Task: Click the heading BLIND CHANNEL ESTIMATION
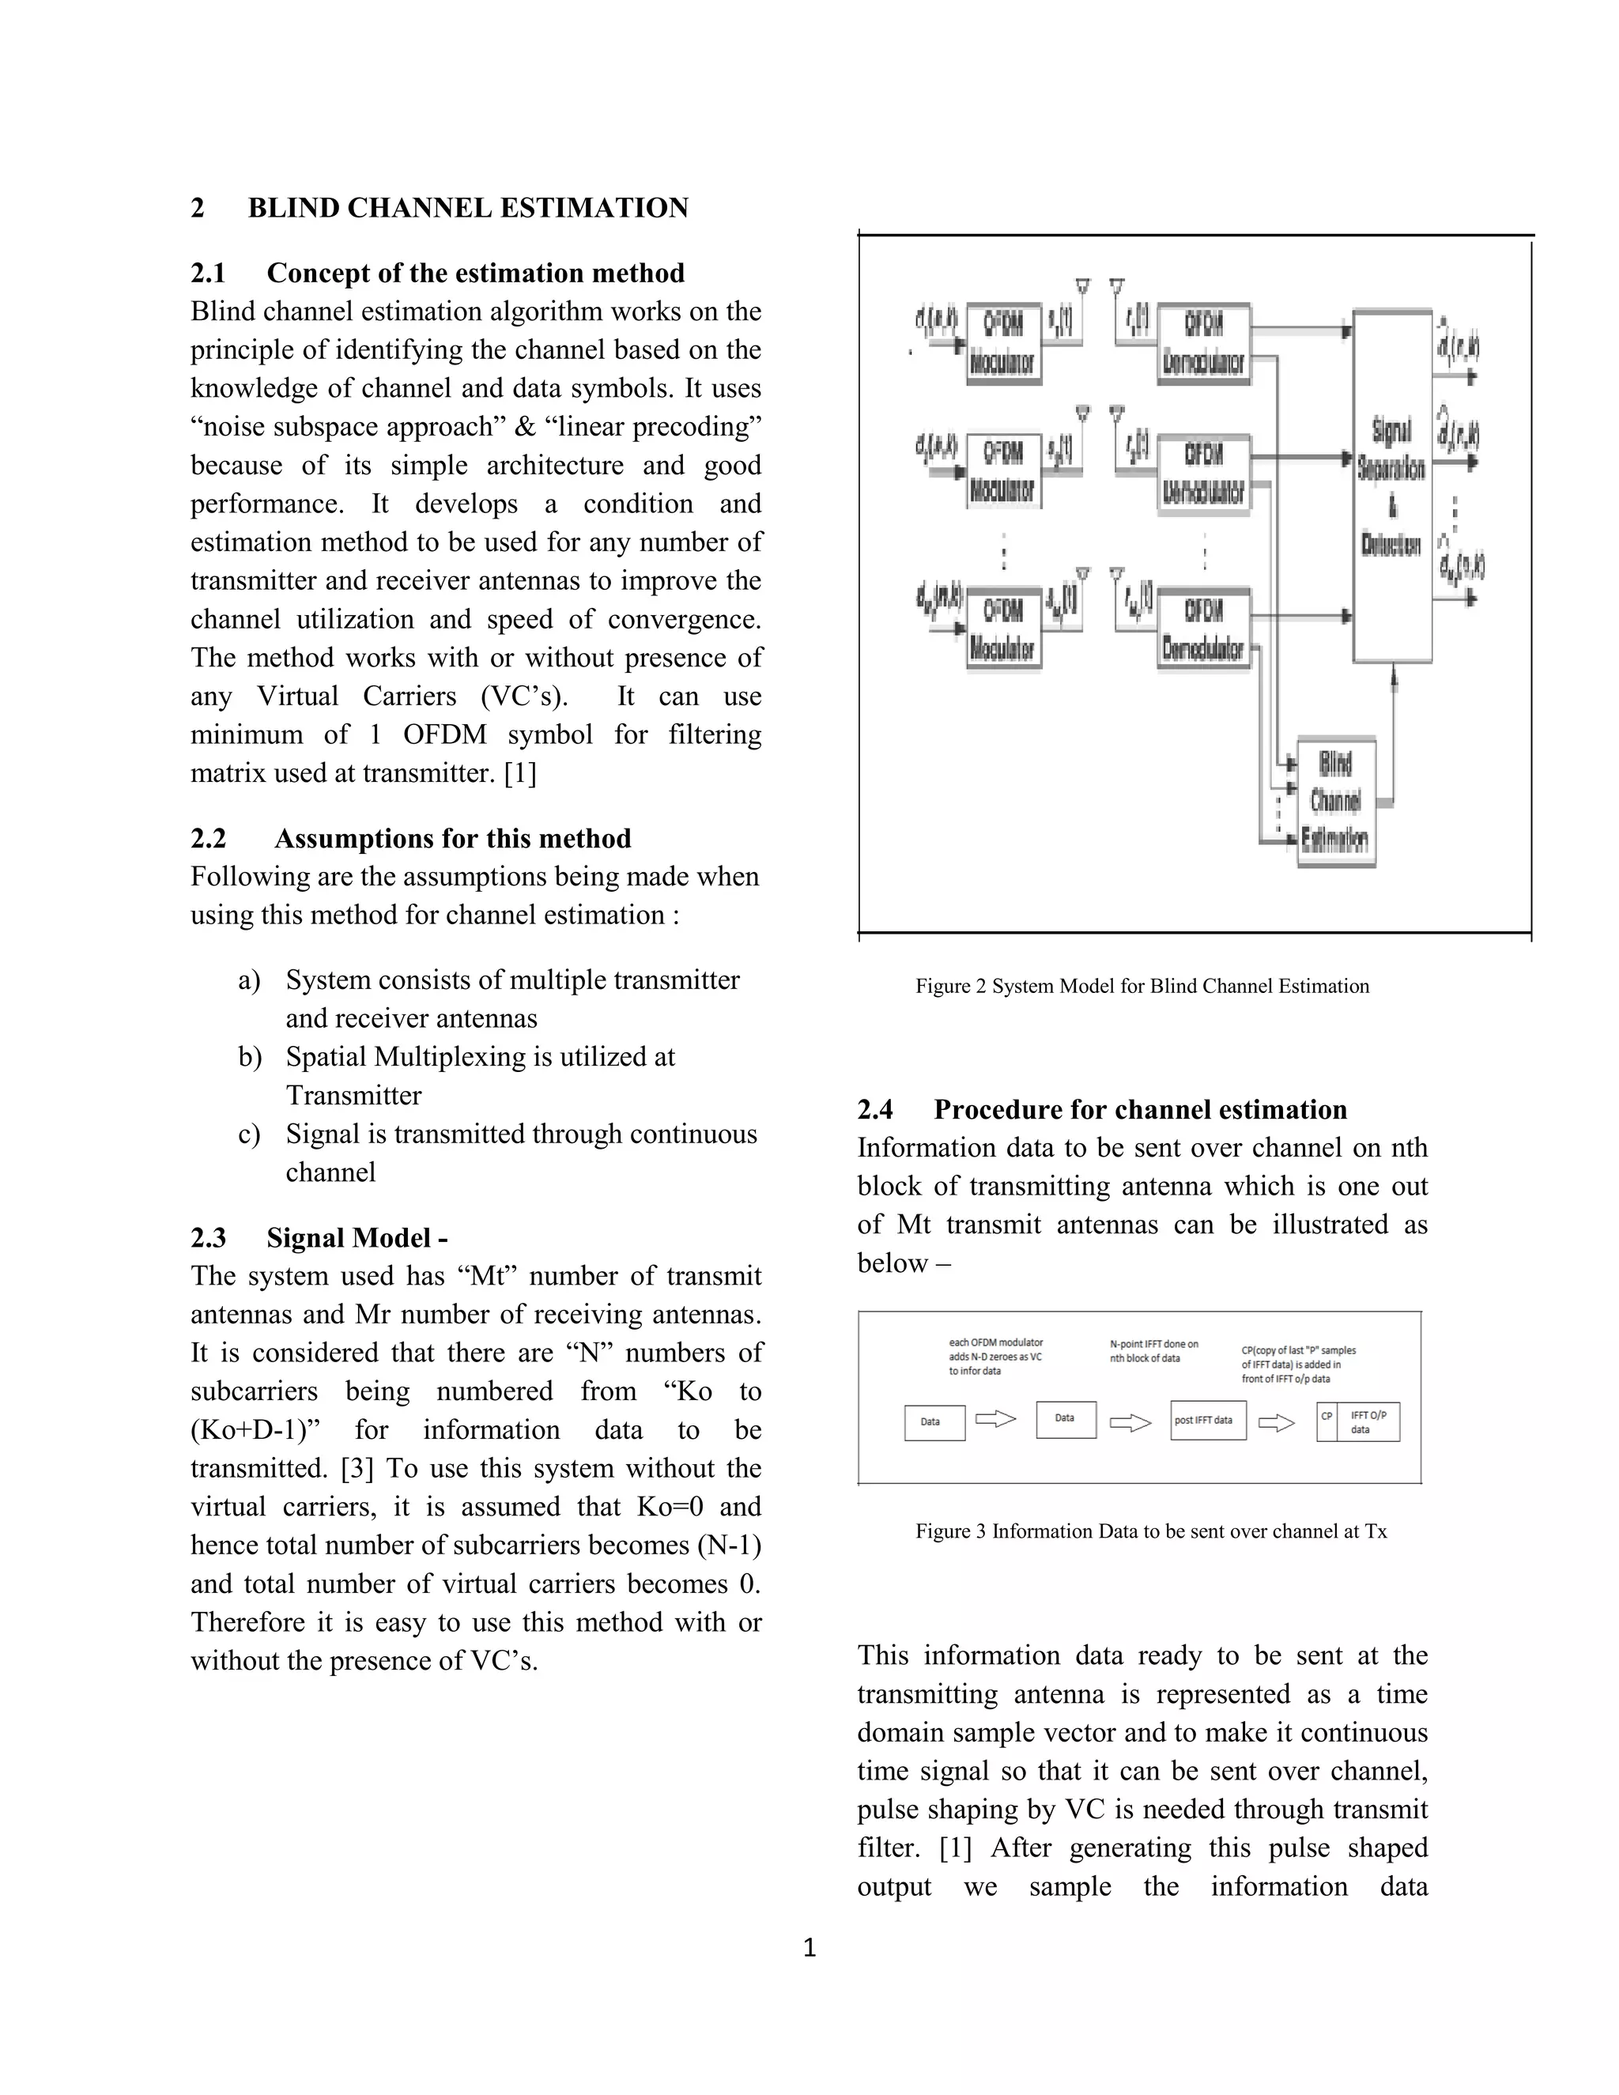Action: [x=468, y=208]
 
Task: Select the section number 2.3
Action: [x=208, y=1237]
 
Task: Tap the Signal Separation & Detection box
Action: [x=1391, y=486]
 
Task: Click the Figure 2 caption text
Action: [x=1142, y=986]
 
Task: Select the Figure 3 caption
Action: [x=1150, y=1531]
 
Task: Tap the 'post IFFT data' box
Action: [x=1208, y=1421]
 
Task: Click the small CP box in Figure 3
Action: [x=1327, y=1421]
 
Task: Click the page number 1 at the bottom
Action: [x=809, y=1948]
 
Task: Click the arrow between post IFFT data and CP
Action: [x=1277, y=1422]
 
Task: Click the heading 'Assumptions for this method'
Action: [x=453, y=838]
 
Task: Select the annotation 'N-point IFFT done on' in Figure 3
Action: [x=1154, y=1344]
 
